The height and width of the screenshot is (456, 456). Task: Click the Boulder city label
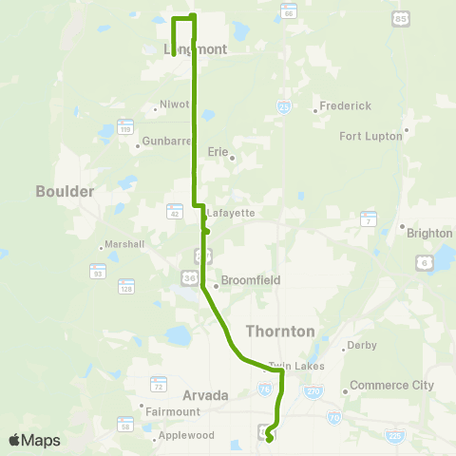click(66, 191)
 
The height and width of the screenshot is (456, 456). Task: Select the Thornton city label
click(280, 332)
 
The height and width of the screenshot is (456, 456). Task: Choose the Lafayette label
click(232, 213)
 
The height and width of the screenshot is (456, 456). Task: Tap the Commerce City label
click(392, 385)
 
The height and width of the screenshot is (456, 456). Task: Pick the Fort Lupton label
click(373, 135)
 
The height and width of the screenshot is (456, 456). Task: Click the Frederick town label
click(346, 106)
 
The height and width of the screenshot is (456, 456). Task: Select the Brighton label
click(428, 233)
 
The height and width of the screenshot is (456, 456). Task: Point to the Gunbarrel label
click(167, 141)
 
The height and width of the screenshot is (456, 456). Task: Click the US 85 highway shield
click(402, 18)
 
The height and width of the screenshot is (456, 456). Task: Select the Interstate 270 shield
click(313, 390)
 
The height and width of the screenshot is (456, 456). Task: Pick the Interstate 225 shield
click(392, 434)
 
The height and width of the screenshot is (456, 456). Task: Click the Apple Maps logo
click(34, 440)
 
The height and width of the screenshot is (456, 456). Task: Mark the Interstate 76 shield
click(264, 389)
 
